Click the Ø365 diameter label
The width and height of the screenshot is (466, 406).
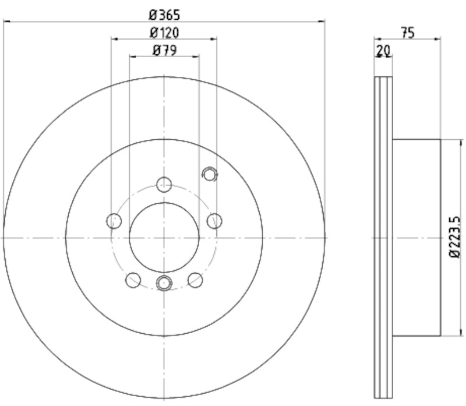tap(164, 12)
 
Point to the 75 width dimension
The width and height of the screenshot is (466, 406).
tap(407, 33)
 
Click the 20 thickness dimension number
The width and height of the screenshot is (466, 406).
tap(383, 51)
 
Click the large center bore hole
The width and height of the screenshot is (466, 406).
tap(164, 237)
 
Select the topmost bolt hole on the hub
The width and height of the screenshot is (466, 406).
tap(164, 183)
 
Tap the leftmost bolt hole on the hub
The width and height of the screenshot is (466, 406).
tap(114, 221)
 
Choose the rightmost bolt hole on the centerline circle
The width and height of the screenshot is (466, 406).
tap(215, 220)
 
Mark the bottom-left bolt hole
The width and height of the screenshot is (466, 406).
tap(133, 280)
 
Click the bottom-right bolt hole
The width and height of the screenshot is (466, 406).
tap(195, 280)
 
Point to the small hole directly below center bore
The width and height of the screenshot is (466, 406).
tap(164, 284)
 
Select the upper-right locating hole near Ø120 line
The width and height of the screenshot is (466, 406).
tap(209, 174)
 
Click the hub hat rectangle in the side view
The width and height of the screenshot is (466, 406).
tap(416, 237)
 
